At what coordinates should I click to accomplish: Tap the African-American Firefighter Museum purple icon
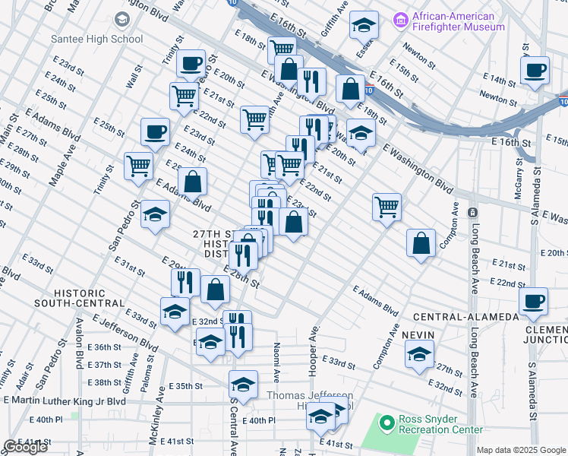coord(402,17)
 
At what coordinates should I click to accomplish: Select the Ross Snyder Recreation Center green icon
coord(387,421)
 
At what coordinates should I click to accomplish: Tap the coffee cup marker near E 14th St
coord(535,71)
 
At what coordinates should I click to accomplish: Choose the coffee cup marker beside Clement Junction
coord(534,302)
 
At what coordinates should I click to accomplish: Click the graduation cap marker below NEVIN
coord(419,354)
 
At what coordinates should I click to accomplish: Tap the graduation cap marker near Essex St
coord(364,25)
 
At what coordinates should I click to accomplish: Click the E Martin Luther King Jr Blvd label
coord(65,401)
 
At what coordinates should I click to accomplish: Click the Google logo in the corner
coord(25,447)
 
